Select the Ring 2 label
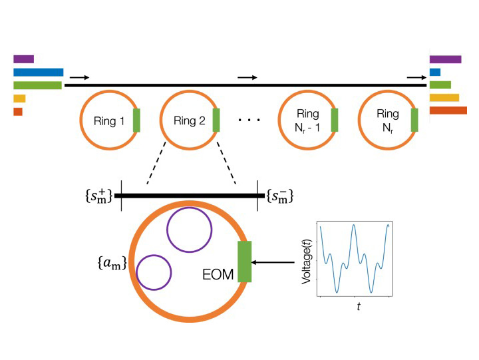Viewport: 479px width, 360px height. (188, 121)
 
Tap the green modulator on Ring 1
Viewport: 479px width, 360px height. (137, 121)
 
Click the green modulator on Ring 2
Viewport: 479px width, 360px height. (216, 121)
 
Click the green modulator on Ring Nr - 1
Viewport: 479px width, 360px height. (335, 121)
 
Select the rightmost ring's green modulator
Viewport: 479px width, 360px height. (414, 121)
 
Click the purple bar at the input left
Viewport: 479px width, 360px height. (23, 59)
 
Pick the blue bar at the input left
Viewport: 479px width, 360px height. (38, 72)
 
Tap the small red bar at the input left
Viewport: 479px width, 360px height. (18, 111)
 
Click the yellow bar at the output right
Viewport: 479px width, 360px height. (444, 98)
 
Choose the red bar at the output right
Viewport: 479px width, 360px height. (448, 110)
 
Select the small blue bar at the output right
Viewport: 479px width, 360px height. (435, 72)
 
